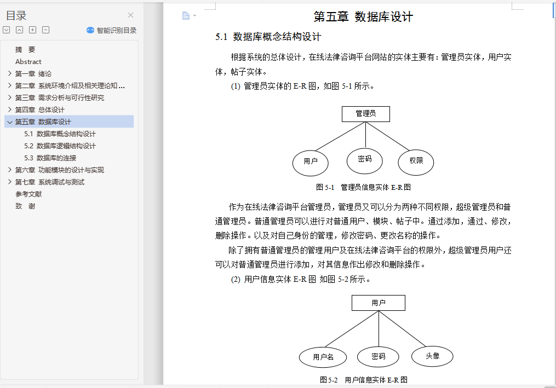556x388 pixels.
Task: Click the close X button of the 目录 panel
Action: [130, 15]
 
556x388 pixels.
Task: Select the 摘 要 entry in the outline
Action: [25, 49]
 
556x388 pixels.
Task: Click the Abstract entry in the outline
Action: [28, 62]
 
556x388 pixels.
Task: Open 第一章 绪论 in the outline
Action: [33, 74]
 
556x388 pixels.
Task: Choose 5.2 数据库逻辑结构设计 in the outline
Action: [60, 146]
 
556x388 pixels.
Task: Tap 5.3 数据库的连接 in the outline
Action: [50, 158]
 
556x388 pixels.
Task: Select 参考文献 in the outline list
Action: [28, 194]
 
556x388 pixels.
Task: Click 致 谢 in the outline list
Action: [25, 206]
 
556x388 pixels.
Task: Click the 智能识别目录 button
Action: [112, 31]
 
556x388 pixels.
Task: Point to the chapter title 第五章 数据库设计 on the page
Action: [363, 17]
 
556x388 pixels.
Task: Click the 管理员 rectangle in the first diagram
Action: [365, 114]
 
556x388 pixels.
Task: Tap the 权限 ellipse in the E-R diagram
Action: [416, 161]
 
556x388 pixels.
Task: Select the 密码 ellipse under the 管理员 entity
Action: [364, 159]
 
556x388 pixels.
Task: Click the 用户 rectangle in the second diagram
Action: [378, 303]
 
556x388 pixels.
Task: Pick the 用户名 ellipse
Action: [323, 357]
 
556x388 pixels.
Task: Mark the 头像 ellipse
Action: [432, 356]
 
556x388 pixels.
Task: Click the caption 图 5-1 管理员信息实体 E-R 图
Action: [363, 187]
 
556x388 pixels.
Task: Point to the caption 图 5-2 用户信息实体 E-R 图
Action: [363, 380]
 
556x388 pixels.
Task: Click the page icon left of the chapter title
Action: [186, 16]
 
